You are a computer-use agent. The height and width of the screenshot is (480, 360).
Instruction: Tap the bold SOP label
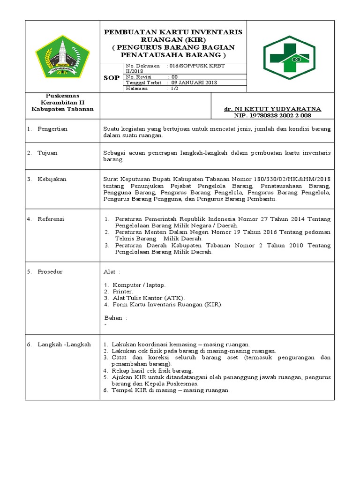pos(111,78)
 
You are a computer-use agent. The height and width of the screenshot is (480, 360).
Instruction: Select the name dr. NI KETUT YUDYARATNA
pos(272,109)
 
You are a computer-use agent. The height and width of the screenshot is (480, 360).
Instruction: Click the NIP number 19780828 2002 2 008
pos(280,115)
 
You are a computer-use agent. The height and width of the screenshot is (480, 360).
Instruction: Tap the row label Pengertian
pos(52,129)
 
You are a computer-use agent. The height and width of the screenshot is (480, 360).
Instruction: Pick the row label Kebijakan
pos(52,179)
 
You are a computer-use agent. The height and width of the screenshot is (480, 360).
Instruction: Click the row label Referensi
pos(51,219)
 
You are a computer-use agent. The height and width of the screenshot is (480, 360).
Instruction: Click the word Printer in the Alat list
pos(123,291)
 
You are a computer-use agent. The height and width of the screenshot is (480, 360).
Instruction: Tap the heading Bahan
pos(113,318)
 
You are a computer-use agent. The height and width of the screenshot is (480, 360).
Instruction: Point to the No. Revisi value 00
pos(174,77)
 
